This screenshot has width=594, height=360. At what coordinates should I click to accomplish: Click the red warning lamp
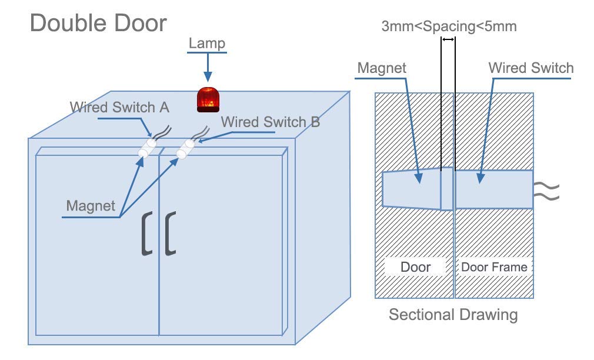coord(208,99)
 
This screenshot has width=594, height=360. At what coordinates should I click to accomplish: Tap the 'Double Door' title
coord(98,23)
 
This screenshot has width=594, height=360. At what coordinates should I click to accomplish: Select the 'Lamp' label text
coord(207,43)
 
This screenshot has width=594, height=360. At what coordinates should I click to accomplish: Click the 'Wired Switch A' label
coord(119,107)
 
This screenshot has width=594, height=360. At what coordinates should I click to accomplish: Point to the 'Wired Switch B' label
coord(271,122)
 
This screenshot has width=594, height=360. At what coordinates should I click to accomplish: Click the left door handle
coord(147,234)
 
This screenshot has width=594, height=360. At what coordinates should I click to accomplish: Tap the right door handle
coord(171,234)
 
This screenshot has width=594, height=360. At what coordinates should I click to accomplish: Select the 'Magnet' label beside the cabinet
coord(91,206)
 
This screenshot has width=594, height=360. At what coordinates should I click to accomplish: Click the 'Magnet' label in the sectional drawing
coord(382,68)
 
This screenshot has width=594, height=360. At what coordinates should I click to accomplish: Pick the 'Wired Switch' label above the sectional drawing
coord(531,68)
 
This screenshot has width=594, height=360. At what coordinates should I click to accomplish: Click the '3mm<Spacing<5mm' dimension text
coord(449,26)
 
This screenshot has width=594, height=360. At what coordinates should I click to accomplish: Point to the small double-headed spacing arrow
coord(448,39)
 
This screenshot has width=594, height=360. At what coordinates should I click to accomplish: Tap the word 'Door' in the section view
coord(416,267)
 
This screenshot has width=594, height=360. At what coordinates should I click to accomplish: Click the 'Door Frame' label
coord(494,267)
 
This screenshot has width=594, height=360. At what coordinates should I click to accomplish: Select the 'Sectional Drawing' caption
coord(453,315)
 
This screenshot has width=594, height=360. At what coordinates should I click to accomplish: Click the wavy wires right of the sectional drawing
coord(546,191)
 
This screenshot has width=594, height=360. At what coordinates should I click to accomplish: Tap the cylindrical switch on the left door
coord(148,148)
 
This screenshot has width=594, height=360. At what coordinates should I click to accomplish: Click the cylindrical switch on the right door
coord(185,149)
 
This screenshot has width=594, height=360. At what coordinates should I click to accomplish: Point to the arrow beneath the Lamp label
coord(208,67)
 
